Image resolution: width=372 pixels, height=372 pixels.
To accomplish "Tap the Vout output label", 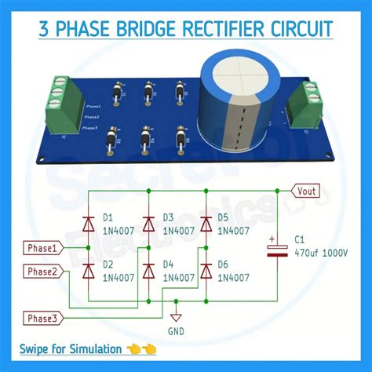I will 307,190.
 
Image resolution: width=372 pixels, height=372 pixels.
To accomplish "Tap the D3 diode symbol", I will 148,223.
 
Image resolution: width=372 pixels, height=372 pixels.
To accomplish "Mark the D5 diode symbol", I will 206,223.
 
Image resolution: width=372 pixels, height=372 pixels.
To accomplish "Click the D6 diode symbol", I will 206,271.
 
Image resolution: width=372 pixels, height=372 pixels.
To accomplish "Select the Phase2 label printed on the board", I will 91,115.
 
